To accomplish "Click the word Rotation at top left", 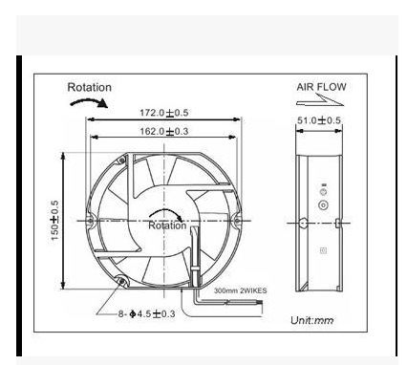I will pos(89,88).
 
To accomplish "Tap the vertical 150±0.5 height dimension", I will pos(55,220).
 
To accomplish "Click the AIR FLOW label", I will pos(320,87).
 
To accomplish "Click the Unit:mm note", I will pos(311,320).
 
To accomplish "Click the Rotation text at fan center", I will pos(167,226).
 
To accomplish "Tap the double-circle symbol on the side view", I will pos(322,204).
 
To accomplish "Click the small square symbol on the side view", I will pos(322,253).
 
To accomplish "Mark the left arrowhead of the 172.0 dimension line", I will pos(90,119).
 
